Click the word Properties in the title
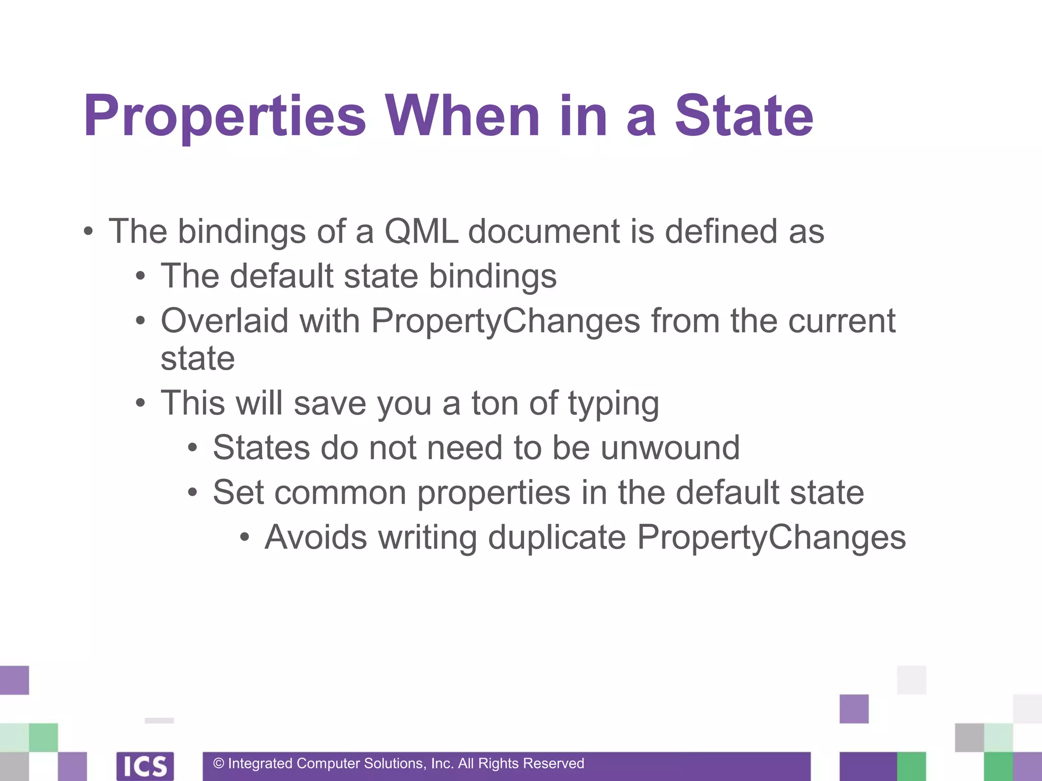tap(224, 117)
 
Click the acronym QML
tap(421, 231)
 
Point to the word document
tap(543, 231)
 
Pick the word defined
tap(721, 231)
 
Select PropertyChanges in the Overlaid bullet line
tap(505, 322)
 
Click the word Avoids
tap(315, 537)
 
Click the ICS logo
tap(145, 766)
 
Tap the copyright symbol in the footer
tap(219, 764)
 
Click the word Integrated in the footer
tap(260, 764)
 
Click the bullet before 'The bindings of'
tap(89, 232)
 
